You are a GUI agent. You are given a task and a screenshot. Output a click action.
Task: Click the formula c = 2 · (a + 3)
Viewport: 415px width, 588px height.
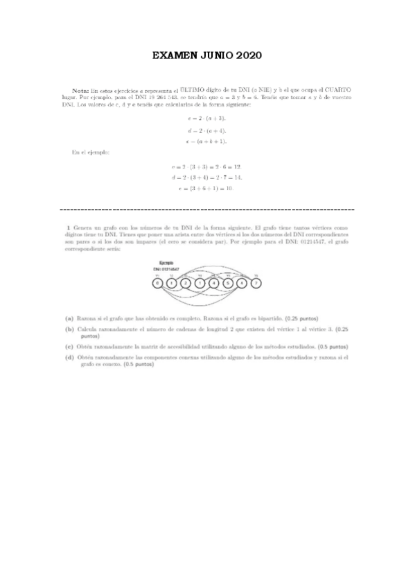click(x=207, y=119)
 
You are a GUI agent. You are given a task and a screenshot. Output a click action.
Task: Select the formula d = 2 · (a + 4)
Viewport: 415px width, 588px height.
click(x=207, y=130)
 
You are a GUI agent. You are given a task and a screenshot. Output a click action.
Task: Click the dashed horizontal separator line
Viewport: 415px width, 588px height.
click(x=207, y=209)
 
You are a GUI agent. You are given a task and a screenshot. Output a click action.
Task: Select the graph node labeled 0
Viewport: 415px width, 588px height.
click(x=158, y=283)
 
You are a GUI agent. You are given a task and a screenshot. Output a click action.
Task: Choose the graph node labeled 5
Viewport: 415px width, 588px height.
click(x=229, y=283)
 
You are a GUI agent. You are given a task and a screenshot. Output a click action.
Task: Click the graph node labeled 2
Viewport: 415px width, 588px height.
click(x=186, y=283)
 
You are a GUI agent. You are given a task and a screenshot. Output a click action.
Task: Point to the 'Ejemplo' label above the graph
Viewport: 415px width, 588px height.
click(x=166, y=263)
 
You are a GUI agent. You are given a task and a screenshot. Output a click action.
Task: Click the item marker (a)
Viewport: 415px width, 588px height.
click(x=69, y=316)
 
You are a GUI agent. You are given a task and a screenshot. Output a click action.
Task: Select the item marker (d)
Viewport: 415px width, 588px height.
click(x=69, y=357)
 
